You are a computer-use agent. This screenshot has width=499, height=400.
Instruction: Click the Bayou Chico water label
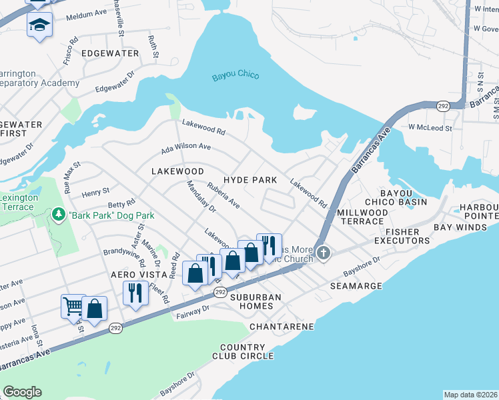point(235,76)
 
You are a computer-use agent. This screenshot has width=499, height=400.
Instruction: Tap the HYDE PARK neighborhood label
point(250,181)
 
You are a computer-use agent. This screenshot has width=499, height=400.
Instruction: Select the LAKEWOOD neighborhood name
point(177,171)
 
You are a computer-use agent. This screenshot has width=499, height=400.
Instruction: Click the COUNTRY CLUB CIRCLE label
point(247,351)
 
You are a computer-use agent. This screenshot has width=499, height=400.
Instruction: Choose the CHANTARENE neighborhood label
point(282,327)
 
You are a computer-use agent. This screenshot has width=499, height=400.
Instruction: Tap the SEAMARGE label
point(356,286)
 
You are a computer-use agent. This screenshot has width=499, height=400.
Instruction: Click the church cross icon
point(324,252)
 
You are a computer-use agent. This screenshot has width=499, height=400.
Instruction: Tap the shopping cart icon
point(73,306)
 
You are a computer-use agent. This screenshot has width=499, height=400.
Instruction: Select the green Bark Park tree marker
point(58,215)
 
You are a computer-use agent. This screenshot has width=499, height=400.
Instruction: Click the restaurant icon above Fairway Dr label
point(135,291)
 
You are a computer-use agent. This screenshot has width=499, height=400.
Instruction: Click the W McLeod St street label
point(430,127)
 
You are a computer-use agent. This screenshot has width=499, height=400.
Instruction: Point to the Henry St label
point(95,193)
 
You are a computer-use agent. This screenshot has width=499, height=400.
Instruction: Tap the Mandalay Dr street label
point(201,196)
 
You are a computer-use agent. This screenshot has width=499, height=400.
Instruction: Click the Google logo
point(22,392)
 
